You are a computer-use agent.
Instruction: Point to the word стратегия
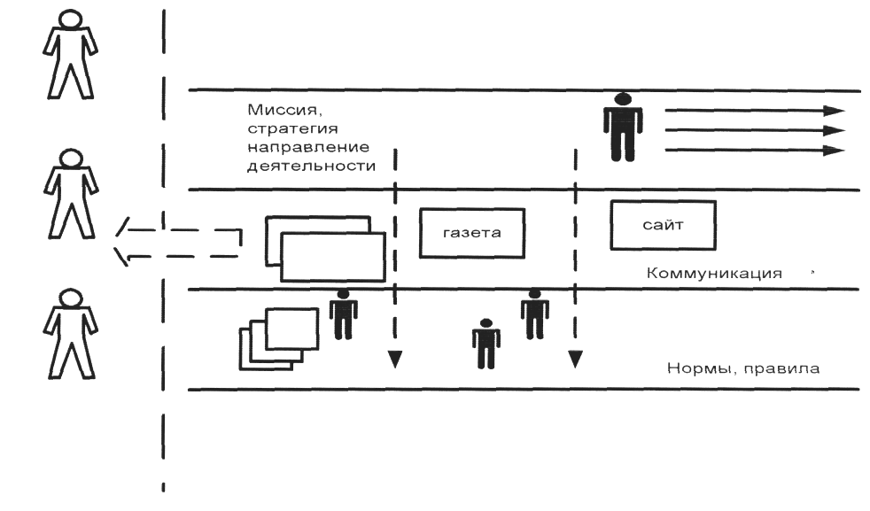(x=292, y=128)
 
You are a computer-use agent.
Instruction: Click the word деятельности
(x=311, y=166)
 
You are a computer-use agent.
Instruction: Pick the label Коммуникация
(x=715, y=274)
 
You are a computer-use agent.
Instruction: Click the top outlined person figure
(x=71, y=55)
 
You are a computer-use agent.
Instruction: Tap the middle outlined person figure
(x=71, y=194)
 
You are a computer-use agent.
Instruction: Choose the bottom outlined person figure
(x=71, y=334)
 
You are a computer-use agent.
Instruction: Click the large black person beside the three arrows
(x=623, y=128)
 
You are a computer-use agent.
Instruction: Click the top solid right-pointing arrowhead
(x=834, y=111)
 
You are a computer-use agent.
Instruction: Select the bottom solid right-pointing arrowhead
(x=834, y=151)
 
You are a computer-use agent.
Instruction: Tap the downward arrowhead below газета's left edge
(x=395, y=359)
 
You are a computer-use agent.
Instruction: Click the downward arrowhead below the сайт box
(x=575, y=359)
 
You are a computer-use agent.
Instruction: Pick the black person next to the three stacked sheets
(x=344, y=314)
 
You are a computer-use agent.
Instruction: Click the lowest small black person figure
(x=486, y=344)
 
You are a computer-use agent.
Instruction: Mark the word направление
(x=308, y=148)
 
